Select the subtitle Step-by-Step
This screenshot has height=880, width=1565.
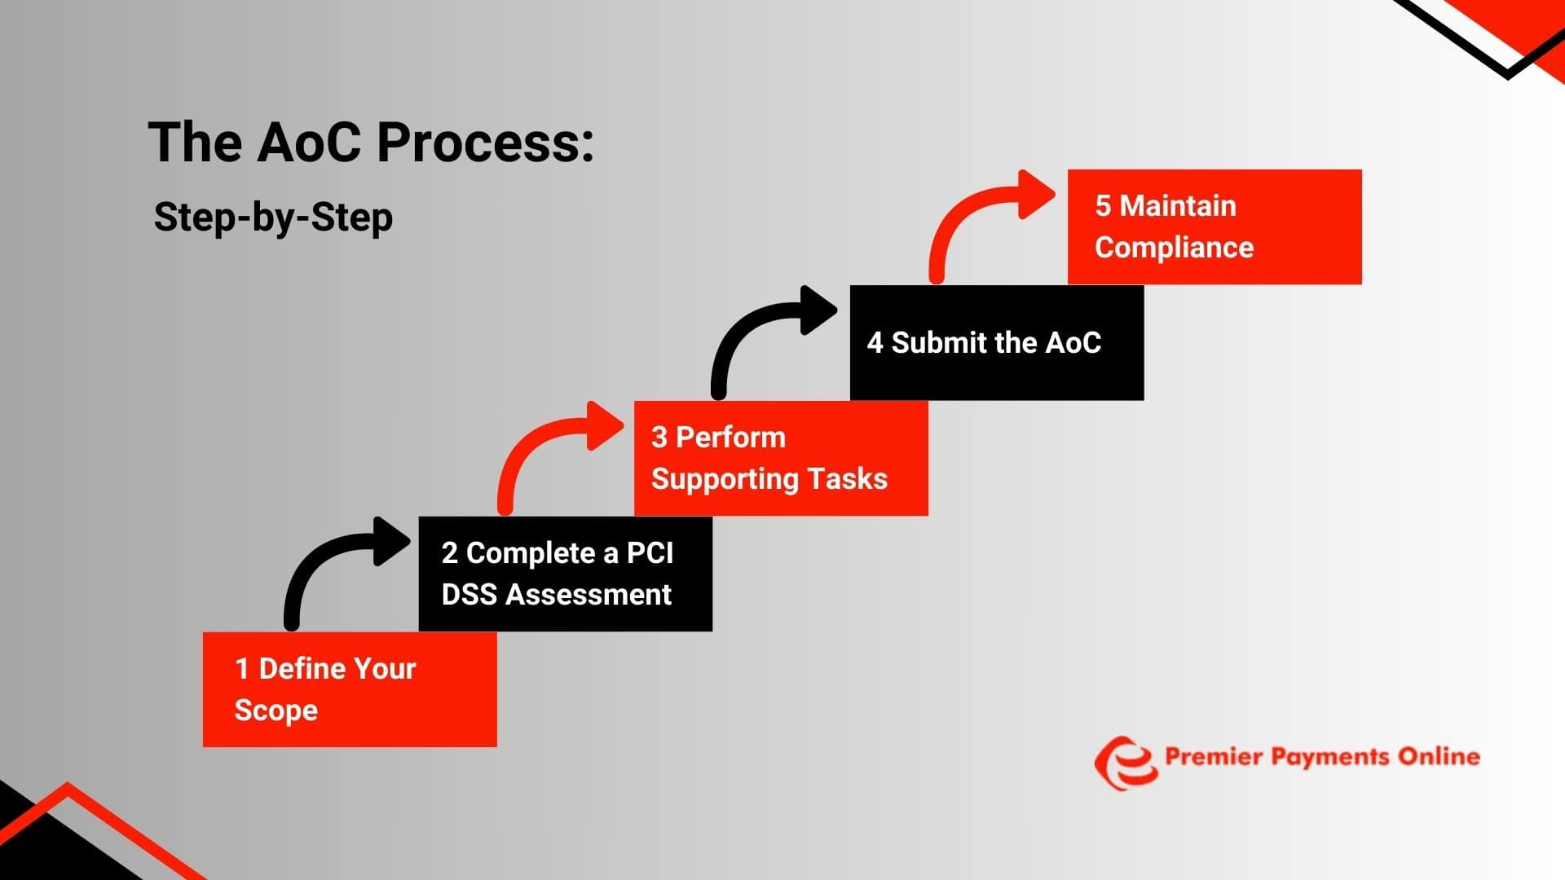(273, 218)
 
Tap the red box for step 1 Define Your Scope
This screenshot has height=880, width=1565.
(350, 689)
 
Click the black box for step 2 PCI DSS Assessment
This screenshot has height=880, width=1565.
(565, 574)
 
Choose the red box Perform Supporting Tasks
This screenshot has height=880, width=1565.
(781, 458)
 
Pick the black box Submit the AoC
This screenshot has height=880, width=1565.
(996, 343)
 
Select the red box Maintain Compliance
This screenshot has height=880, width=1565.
(1215, 227)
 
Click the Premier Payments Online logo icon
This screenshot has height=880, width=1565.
(1126, 763)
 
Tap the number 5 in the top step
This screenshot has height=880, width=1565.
(1103, 206)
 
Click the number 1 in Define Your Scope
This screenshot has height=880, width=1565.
(241, 669)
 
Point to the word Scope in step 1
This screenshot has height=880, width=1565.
(276, 711)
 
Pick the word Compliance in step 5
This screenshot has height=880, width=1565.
(1174, 248)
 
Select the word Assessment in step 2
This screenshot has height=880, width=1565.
(589, 595)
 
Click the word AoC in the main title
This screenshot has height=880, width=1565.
(310, 143)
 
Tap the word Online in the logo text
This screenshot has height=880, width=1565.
(1439, 757)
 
